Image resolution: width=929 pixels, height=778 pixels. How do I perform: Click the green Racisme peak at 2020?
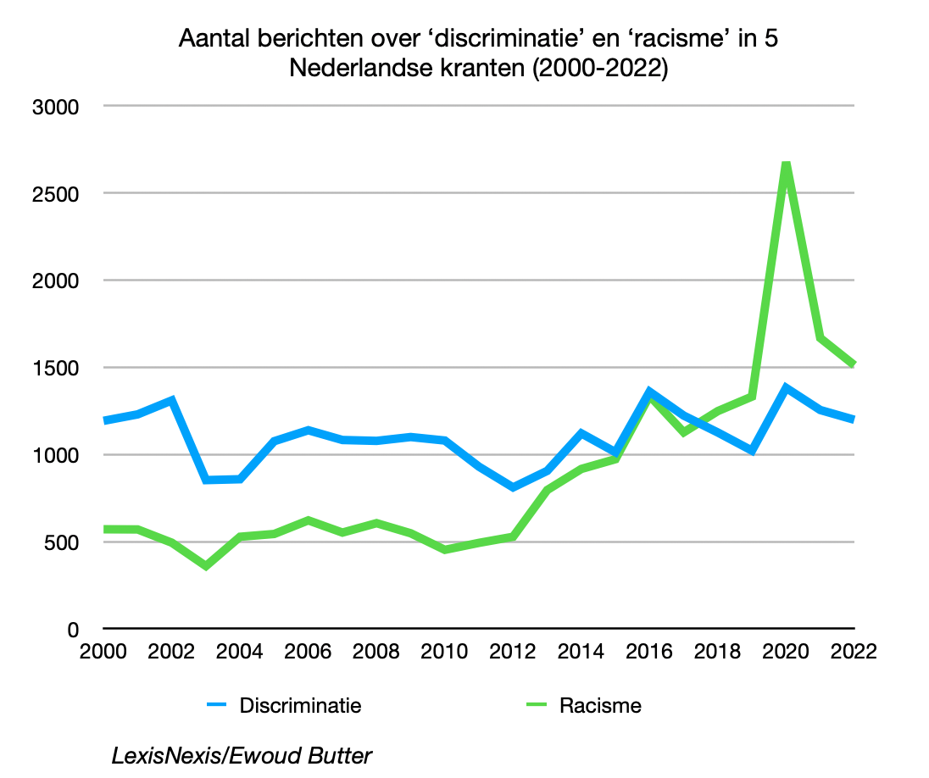click(786, 164)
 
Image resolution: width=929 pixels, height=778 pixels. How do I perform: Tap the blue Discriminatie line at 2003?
click(206, 480)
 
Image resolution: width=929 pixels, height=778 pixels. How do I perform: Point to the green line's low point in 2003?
click(206, 565)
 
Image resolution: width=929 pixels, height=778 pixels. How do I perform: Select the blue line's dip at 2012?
click(513, 487)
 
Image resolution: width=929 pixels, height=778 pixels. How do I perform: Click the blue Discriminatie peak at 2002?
click(172, 400)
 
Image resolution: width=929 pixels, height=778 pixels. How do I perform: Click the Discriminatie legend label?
click(300, 705)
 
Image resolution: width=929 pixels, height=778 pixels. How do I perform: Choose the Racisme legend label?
click(600, 705)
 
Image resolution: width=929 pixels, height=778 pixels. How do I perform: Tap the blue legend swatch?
click(218, 705)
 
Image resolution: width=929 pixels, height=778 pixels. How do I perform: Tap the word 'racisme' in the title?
click(679, 39)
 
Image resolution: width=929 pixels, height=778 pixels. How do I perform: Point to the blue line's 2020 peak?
click(786, 388)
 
